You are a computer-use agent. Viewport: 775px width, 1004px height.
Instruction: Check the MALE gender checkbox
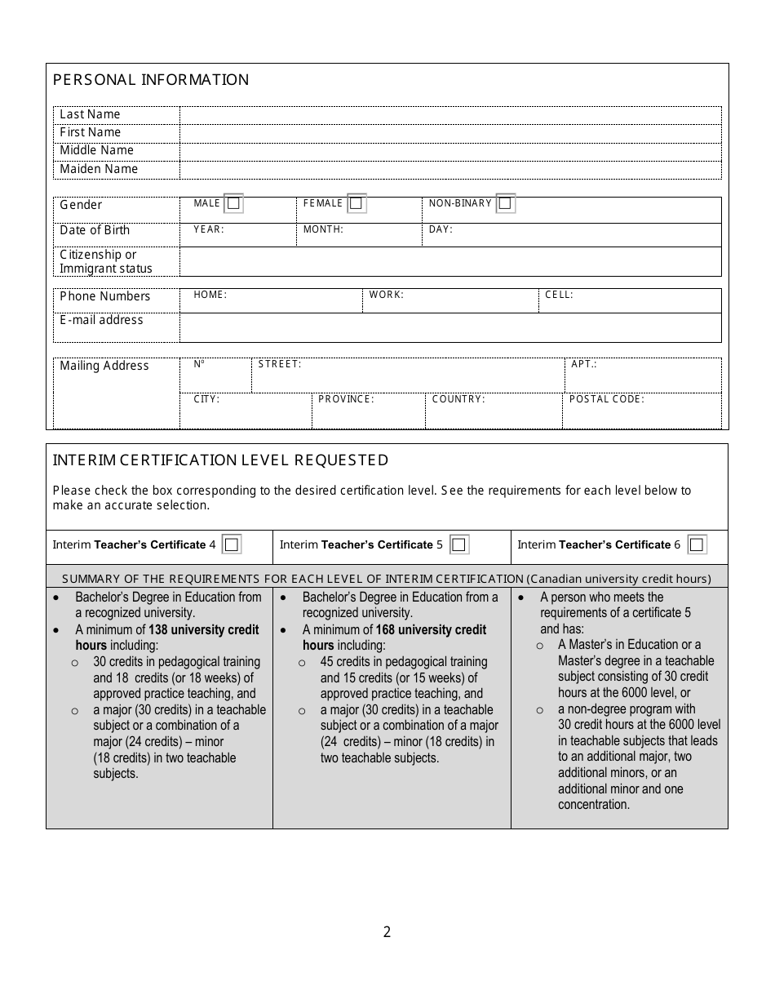tap(233, 203)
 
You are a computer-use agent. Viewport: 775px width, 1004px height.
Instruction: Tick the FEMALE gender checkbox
tap(356, 203)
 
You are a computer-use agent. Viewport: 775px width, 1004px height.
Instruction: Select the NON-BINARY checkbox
tap(505, 203)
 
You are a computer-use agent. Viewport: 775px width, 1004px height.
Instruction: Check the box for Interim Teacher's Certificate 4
tap(232, 544)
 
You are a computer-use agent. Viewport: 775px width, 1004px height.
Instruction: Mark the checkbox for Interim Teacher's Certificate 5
tap(459, 544)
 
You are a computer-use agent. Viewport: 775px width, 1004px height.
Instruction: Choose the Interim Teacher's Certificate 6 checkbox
tap(696, 544)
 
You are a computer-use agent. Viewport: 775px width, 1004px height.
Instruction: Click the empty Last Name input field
tap(450, 115)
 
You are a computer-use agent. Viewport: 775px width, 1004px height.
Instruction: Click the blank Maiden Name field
tap(450, 170)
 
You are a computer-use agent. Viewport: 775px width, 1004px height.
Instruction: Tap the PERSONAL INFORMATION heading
tap(151, 80)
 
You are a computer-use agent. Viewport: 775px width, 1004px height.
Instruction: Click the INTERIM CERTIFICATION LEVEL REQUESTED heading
tap(220, 460)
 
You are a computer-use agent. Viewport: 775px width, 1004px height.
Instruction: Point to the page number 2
tap(387, 932)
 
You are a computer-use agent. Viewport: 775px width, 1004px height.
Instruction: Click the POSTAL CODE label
tap(606, 399)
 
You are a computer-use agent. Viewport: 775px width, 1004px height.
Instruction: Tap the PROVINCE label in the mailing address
tap(346, 399)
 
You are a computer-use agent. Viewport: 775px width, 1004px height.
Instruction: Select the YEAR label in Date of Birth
tap(208, 230)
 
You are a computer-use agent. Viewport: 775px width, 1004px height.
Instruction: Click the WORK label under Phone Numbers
tap(386, 295)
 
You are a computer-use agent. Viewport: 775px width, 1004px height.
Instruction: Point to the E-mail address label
tap(101, 321)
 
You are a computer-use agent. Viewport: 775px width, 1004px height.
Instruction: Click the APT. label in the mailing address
tap(583, 364)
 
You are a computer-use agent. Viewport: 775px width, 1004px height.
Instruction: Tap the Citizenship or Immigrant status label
tap(105, 261)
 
